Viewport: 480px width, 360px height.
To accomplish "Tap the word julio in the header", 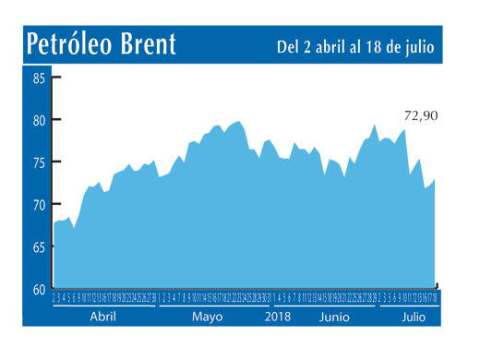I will [418, 46].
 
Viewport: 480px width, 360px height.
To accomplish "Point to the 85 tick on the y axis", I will [40, 78].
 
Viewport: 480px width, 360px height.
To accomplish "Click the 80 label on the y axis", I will [40, 120].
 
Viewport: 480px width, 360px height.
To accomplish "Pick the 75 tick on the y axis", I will [40, 162].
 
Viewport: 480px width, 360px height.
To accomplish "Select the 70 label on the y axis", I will [40, 205].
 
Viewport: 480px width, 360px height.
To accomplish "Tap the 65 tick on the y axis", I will [40, 247].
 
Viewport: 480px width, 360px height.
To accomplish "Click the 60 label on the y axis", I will [40, 289].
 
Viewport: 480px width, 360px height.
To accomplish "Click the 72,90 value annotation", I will [420, 117].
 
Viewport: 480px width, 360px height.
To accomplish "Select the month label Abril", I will [103, 316].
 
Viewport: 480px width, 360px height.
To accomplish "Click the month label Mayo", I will [208, 316].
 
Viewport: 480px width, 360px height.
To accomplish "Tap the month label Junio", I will [334, 316].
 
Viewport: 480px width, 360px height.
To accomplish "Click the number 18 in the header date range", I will [378, 46].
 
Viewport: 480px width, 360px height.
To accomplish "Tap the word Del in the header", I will [289, 46].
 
